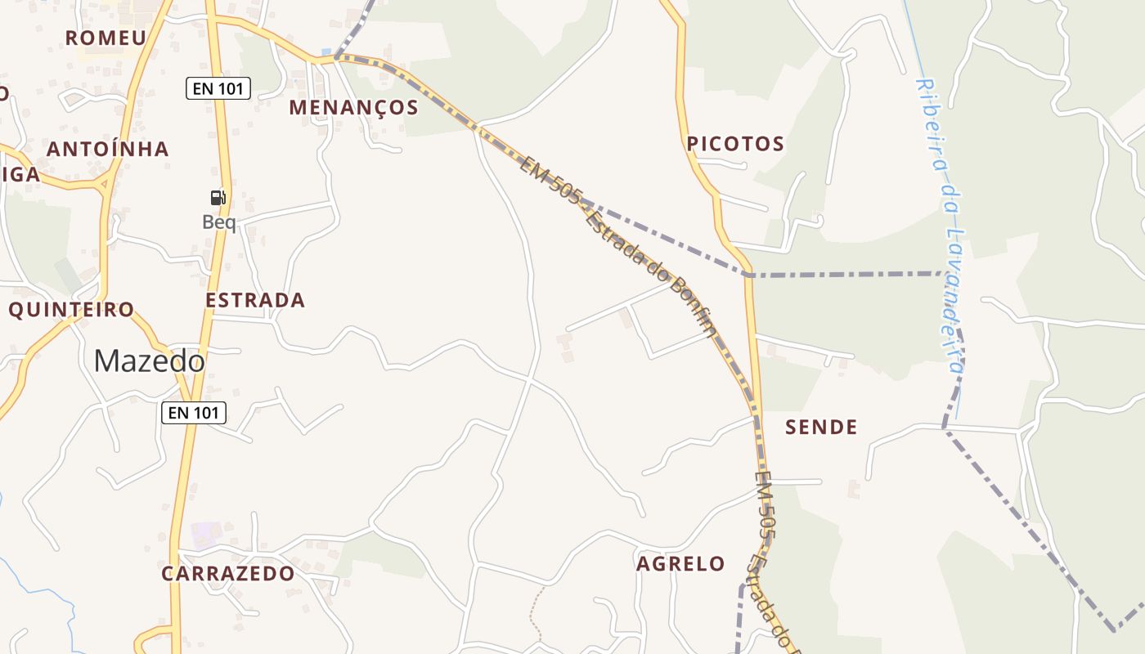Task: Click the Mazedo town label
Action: point(149,361)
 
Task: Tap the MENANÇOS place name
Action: point(353,107)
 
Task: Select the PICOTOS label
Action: point(735,144)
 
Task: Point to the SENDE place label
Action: point(821,427)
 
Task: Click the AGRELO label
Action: point(680,563)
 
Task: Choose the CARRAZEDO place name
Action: point(227,573)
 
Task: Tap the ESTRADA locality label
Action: point(255,300)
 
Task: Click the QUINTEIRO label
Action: point(71,310)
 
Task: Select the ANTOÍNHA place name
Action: point(107,149)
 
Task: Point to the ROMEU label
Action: point(106,38)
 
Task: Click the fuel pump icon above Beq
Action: point(218,197)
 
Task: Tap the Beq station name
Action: point(218,222)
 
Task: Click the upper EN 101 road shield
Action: point(218,88)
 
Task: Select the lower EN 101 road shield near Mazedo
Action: point(193,413)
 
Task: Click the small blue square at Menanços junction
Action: point(326,52)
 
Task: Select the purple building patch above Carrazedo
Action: point(204,535)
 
